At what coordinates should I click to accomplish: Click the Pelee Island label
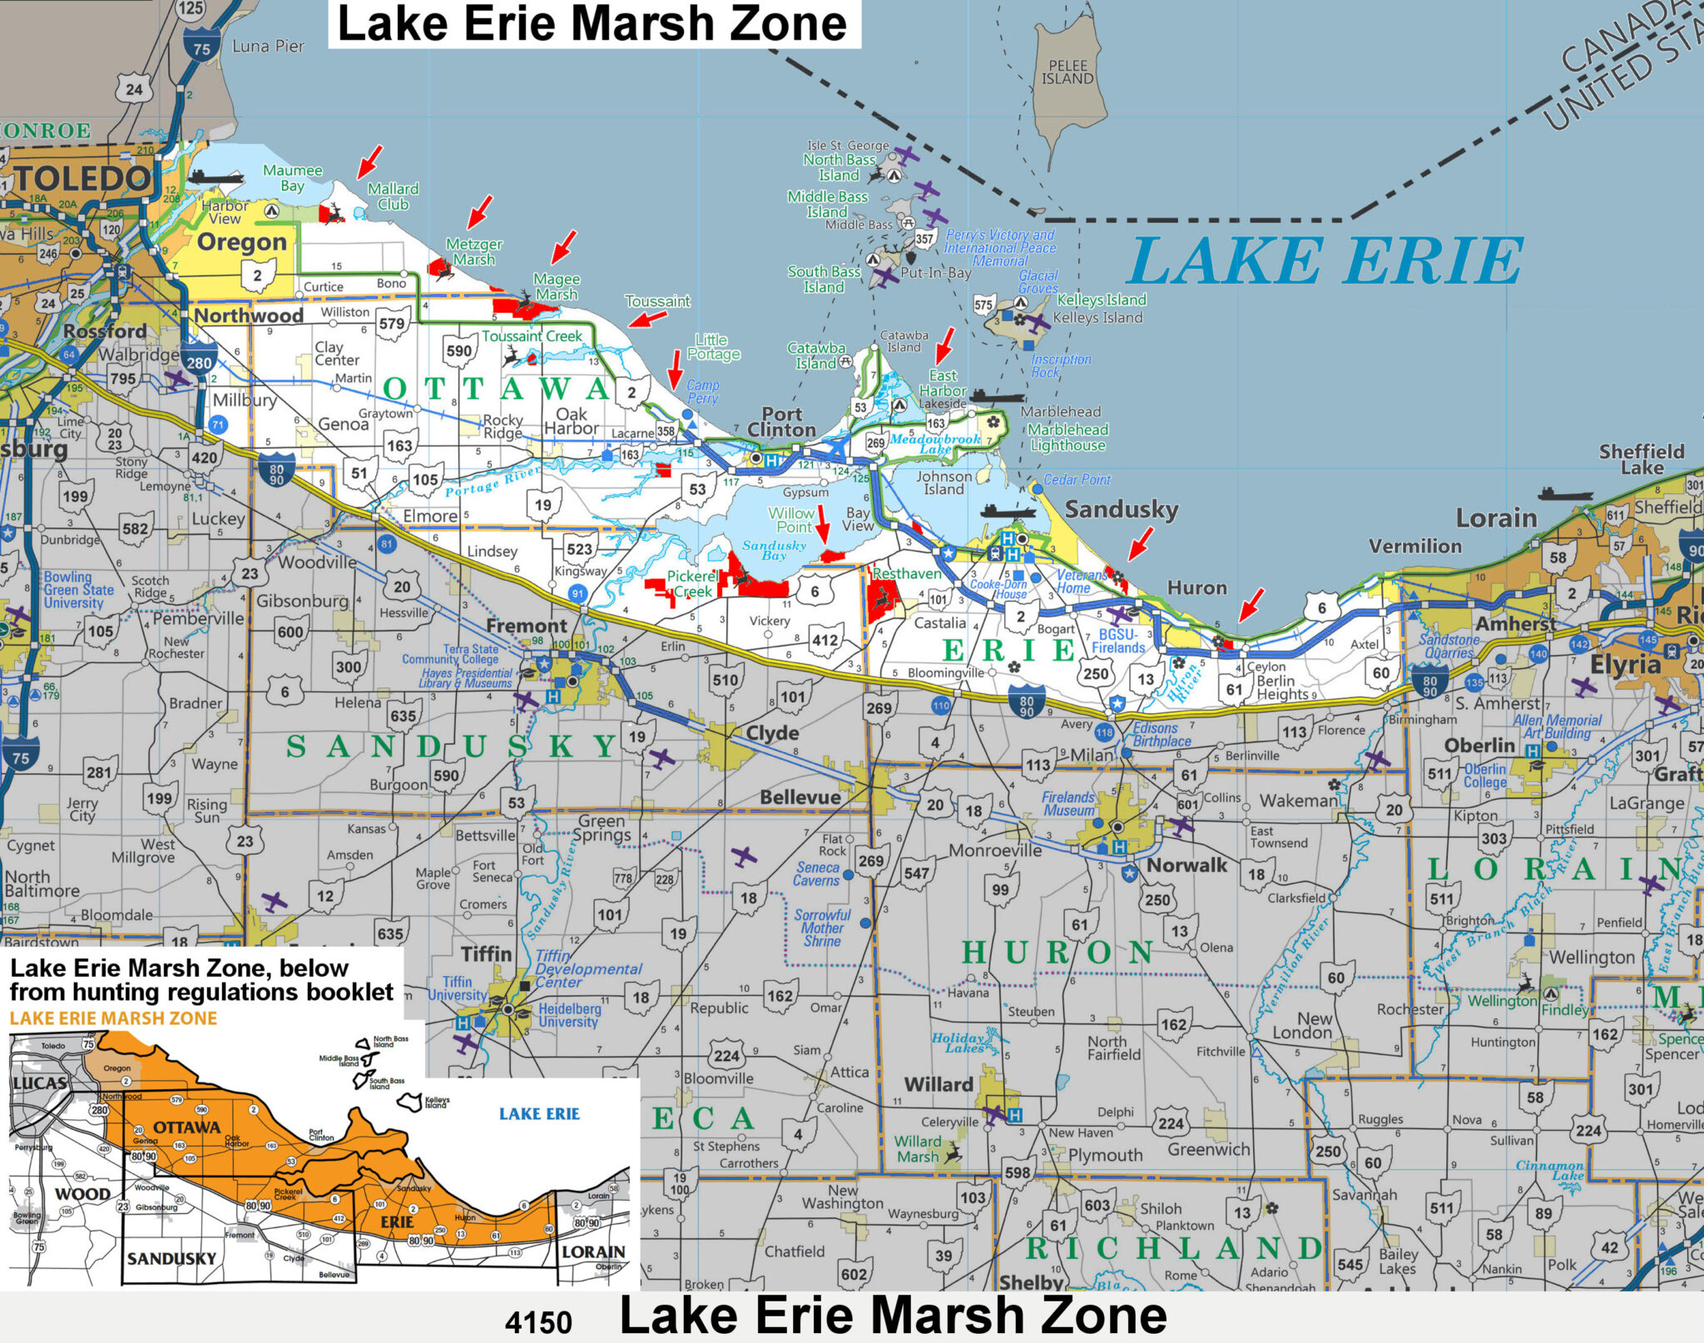[x=1067, y=72]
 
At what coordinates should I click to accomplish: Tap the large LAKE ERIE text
[x=1325, y=262]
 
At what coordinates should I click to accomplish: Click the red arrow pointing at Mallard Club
[x=369, y=161]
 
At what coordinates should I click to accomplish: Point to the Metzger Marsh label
[x=474, y=251]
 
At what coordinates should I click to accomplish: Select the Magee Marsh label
[x=557, y=287]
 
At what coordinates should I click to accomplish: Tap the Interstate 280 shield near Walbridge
[x=200, y=362]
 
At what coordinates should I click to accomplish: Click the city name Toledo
[x=83, y=178]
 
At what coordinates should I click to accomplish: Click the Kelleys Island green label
[x=1101, y=300]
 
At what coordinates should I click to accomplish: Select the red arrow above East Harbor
[x=944, y=345]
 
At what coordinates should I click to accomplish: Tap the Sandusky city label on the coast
[x=1121, y=509]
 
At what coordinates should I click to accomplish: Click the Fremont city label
[x=526, y=626]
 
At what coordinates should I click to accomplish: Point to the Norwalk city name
[x=1186, y=865]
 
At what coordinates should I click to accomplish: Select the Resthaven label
[x=906, y=573]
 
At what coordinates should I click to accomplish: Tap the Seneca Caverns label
[x=816, y=874]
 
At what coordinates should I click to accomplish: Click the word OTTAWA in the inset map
[x=187, y=1127]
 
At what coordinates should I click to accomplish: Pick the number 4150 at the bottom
[x=538, y=1322]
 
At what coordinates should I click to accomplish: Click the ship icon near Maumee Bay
[x=215, y=176]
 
